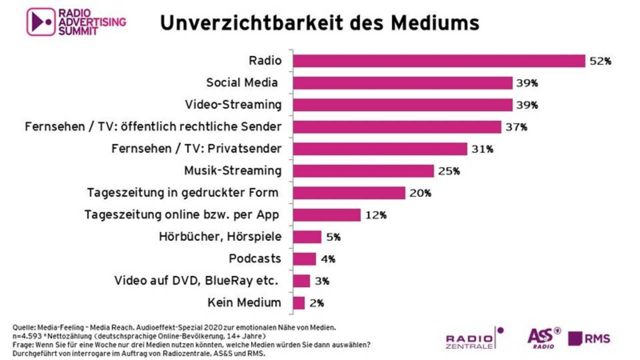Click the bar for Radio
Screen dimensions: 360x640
[x=438, y=61]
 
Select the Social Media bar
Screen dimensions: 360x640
[x=402, y=83]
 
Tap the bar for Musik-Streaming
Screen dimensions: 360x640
[x=363, y=171]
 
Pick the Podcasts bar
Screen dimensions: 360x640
[x=304, y=259]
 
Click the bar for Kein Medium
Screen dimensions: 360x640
[x=298, y=303]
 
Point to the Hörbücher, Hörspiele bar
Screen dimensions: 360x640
[x=307, y=237]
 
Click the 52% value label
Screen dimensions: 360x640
[x=600, y=61]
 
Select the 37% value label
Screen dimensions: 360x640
[x=516, y=127]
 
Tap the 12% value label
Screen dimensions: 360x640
[x=375, y=215]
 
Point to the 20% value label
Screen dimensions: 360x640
[x=420, y=193]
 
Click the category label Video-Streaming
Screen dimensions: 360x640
[x=233, y=104]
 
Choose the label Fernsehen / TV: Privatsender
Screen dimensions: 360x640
[x=196, y=148]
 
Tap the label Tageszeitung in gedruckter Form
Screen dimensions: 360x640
[x=182, y=192]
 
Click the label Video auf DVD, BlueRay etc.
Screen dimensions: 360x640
[x=196, y=280]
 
